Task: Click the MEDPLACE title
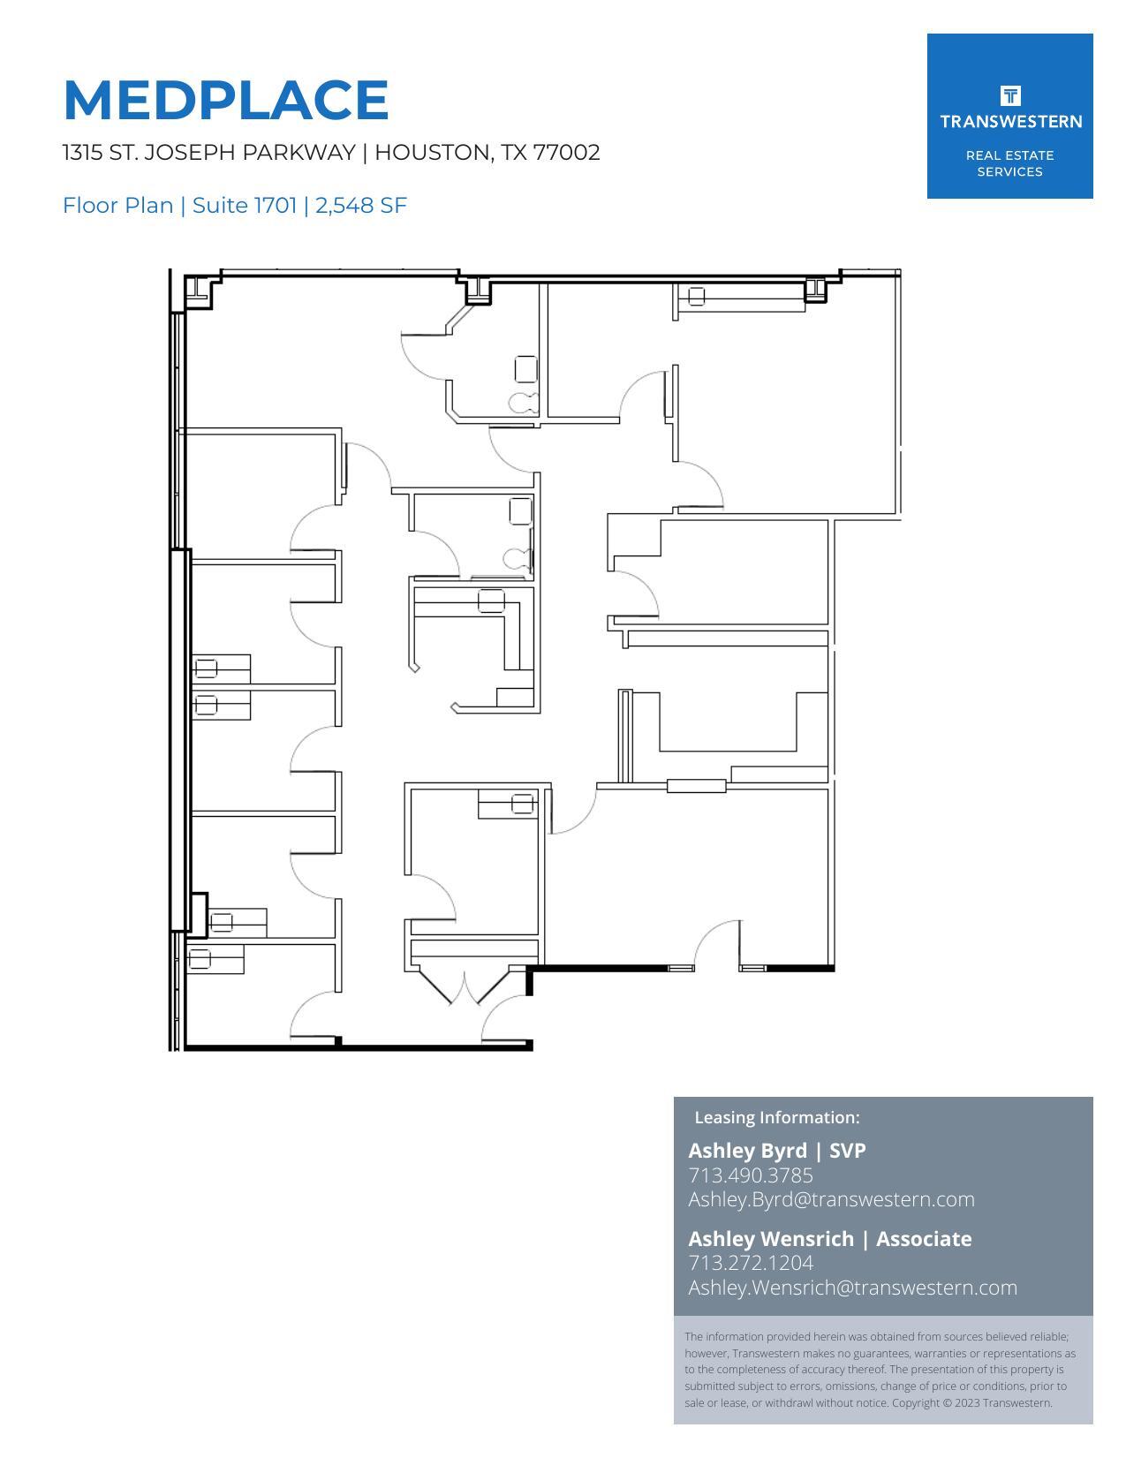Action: point(226,100)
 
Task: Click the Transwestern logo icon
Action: point(1009,94)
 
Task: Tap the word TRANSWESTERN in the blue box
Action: point(1009,122)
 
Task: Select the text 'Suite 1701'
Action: point(245,206)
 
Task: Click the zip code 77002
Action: point(566,153)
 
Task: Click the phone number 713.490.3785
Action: point(750,1175)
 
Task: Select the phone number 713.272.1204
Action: point(750,1263)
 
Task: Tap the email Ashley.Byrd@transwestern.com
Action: point(831,1199)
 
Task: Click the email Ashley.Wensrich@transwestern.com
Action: point(852,1288)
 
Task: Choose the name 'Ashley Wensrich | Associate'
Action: point(829,1239)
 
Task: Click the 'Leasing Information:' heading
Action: point(776,1118)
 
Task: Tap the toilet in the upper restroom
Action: point(522,403)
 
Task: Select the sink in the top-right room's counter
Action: point(696,296)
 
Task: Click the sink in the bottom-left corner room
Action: point(200,958)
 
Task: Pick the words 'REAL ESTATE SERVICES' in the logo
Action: point(1009,163)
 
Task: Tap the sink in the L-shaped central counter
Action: point(491,601)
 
